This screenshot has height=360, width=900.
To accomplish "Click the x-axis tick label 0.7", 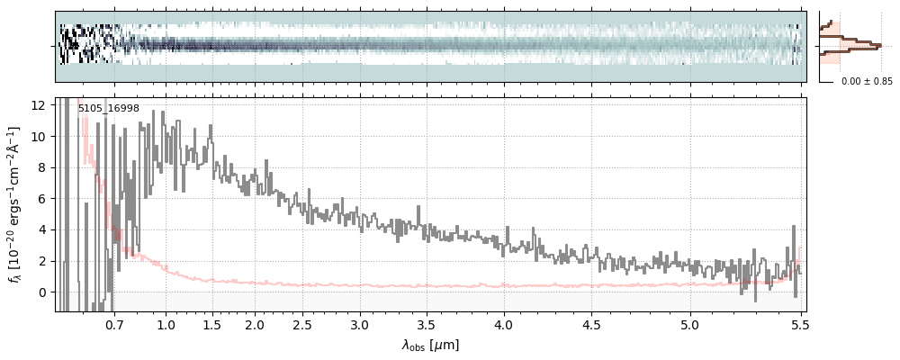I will [x=113, y=322].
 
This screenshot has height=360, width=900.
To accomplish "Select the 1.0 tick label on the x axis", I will [x=166, y=322].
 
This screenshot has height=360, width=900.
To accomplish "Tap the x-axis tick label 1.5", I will [x=211, y=322].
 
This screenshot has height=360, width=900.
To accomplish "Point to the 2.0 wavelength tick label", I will [x=255, y=322].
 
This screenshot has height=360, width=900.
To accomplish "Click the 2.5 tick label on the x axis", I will [x=302, y=322].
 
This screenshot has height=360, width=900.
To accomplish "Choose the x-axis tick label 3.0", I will [x=360, y=322].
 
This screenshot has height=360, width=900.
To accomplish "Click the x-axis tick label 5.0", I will [x=690, y=322].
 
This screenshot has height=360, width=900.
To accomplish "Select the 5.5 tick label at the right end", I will [x=797, y=322].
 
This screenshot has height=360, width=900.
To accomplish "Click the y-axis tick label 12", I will [x=39, y=105].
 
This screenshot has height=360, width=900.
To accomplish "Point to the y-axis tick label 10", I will [x=39, y=137].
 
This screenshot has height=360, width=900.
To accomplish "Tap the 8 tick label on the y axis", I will [x=42, y=167].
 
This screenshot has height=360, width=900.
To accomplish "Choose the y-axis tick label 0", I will [x=42, y=292].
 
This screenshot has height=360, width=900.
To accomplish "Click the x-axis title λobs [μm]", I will [x=430, y=345].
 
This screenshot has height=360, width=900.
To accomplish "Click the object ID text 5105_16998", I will [x=108, y=109].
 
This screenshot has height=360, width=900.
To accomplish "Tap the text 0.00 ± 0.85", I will [x=867, y=82].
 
